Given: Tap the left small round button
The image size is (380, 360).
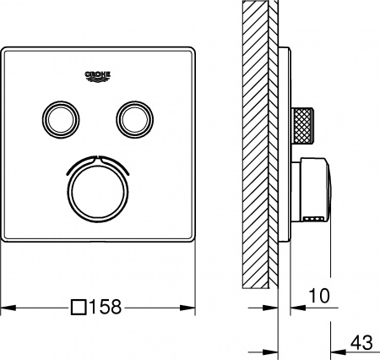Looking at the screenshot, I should tap(58, 117).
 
